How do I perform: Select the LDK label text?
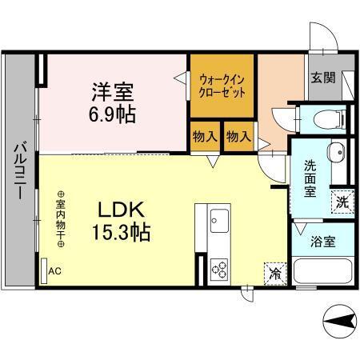point(121,211)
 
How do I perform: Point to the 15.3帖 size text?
point(121,234)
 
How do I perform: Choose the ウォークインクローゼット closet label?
point(222,86)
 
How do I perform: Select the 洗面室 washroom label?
point(310,178)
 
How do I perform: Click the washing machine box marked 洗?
point(342,202)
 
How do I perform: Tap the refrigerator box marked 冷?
point(275,272)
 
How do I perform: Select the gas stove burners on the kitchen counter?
point(218,270)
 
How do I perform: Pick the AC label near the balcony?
point(54,271)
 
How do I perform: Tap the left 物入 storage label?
point(205,137)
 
